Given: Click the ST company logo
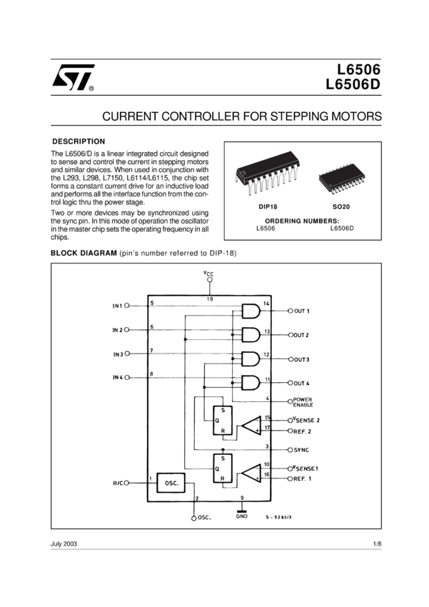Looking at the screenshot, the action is click(73, 77).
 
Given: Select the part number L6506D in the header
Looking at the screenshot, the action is click(353, 84).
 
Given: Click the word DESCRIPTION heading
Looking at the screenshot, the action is click(79, 141).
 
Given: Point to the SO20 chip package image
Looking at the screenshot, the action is click(342, 178).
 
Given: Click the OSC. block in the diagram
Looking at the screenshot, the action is click(171, 483).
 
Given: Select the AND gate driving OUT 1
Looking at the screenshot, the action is click(251, 311).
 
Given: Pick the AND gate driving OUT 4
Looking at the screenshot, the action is click(251, 383).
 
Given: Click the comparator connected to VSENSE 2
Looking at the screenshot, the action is click(252, 426).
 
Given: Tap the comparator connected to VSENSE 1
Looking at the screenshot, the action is click(252, 473).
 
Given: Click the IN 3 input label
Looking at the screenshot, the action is click(118, 354).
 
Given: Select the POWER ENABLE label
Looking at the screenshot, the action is click(303, 402).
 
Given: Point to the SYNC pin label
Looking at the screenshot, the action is click(301, 450).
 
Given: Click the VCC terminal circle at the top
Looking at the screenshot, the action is click(210, 279).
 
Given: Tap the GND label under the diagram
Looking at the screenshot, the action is click(242, 516).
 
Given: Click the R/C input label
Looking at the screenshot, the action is click(118, 483).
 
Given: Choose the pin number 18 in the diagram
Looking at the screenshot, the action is click(210, 299).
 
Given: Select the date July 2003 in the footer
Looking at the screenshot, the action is click(64, 543).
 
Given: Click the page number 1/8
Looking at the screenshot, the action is click(377, 543).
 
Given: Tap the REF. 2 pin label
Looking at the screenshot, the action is click(302, 431).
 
